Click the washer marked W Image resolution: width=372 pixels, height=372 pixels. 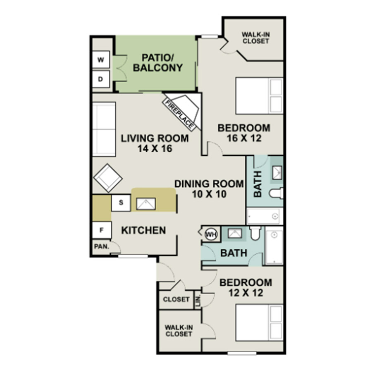pos(101,59)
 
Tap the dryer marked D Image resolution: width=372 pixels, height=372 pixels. pos(101,79)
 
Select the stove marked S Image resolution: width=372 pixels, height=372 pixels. pos(121,203)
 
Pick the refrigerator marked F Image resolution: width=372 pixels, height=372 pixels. pos(102,230)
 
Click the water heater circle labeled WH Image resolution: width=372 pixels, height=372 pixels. pos(211,234)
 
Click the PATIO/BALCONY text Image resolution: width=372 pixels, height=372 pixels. pos(158,63)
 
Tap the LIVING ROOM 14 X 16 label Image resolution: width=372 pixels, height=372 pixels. pos(155,143)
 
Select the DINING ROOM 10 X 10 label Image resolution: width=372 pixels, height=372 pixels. pos(209,189)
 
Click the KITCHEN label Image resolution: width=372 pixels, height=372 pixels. pos(143,230)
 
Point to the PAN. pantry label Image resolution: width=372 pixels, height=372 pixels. pos(102,246)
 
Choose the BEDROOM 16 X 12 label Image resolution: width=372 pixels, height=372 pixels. pos(244,133)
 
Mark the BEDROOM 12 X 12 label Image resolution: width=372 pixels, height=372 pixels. pos(246,288)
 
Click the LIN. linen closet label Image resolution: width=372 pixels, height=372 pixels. pos(198,300)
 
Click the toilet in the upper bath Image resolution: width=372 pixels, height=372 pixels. pos(276,193)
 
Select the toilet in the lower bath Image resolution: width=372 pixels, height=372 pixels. pos(255,233)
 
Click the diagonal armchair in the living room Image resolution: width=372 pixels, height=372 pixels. pos(108,178)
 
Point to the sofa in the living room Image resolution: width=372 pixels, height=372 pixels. pos(104,129)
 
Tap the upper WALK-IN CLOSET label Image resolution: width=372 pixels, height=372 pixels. pos(255,38)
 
